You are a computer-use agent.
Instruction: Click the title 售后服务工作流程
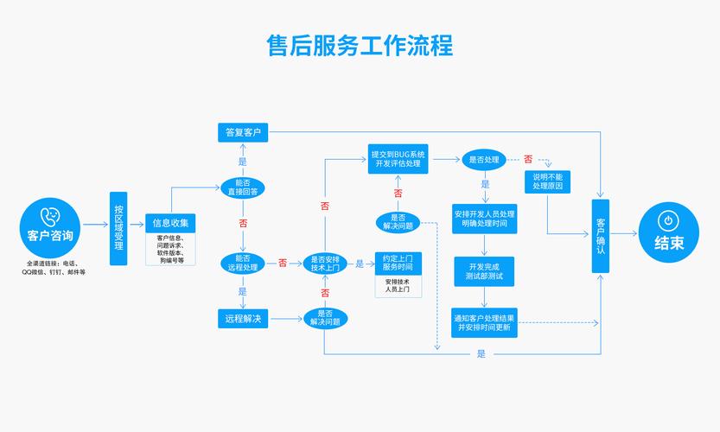[360, 45]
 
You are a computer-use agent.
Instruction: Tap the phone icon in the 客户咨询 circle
[50, 215]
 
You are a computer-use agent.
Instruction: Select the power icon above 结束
[668, 220]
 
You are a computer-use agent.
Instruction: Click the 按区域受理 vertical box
[118, 228]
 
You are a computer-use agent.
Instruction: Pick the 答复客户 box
[243, 132]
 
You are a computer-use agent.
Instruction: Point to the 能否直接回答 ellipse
[243, 187]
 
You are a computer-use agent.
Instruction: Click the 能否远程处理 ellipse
[243, 263]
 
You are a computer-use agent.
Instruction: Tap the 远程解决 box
[243, 319]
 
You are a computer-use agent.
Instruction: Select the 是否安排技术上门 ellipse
[324, 263]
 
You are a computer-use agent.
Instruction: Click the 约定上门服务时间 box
[398, 263]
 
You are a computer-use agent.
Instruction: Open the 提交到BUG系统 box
[398, 159]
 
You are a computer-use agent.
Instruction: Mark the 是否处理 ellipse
[484, 159]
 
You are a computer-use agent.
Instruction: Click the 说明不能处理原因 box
[548, 181]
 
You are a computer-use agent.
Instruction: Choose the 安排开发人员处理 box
[484, 219]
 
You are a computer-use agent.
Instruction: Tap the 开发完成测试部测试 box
[484, 271]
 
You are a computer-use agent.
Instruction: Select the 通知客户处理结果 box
[484, 322]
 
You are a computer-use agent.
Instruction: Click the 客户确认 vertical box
[601, 236]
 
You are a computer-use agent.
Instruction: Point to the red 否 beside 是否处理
[527, 159]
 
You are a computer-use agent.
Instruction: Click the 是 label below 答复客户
[243, 162]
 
